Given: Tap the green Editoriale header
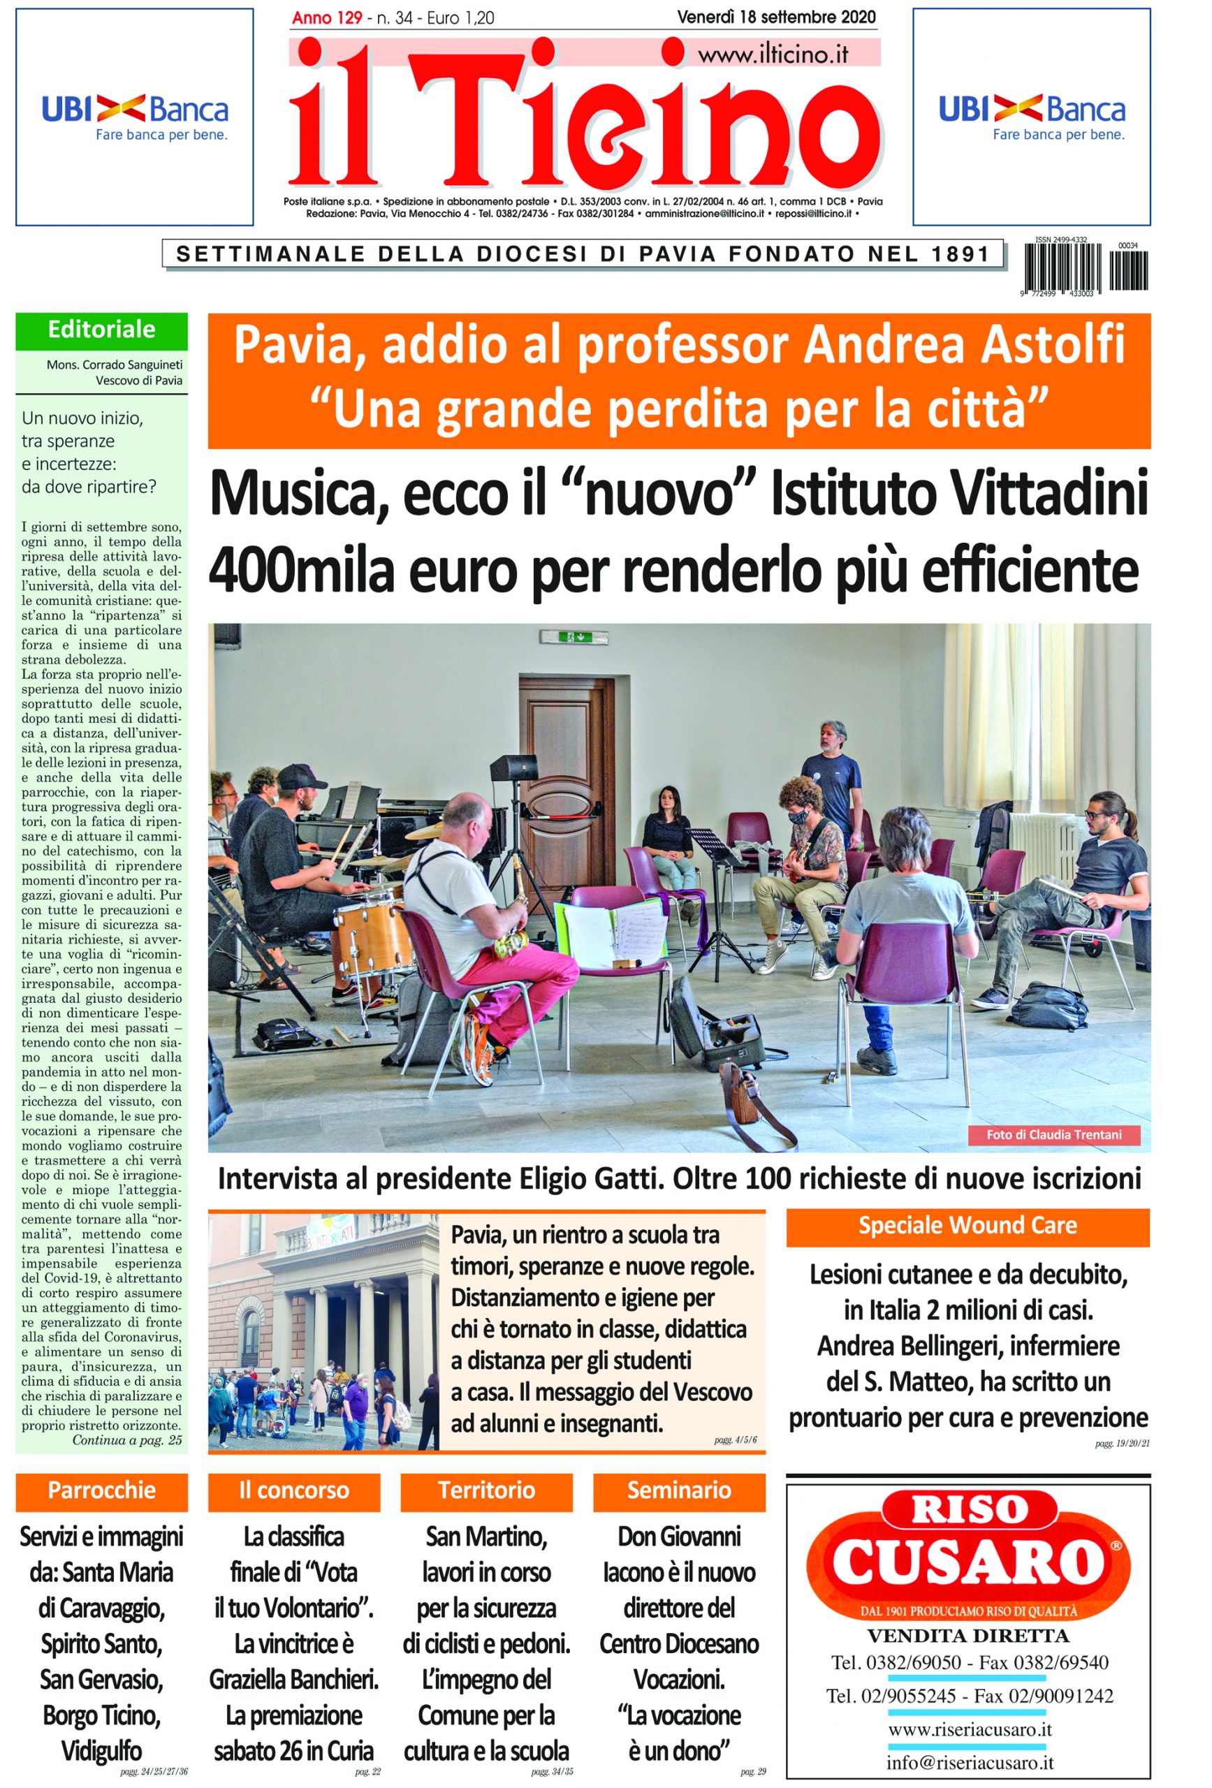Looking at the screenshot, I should pos(101,330).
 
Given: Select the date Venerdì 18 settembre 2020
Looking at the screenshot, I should pos(775,17).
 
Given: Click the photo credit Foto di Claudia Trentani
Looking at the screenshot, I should pos(1053,1134).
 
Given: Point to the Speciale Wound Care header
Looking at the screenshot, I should pos(968,1225).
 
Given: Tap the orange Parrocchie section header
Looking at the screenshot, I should pos(101,1490).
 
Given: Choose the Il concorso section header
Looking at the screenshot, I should pos(294,1490).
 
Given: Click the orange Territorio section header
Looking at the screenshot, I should pos(486,1490).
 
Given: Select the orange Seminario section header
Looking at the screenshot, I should pos(679,1490).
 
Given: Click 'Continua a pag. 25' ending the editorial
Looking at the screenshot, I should pos(127,1439).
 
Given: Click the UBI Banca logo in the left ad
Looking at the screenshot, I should pos(135,117).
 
